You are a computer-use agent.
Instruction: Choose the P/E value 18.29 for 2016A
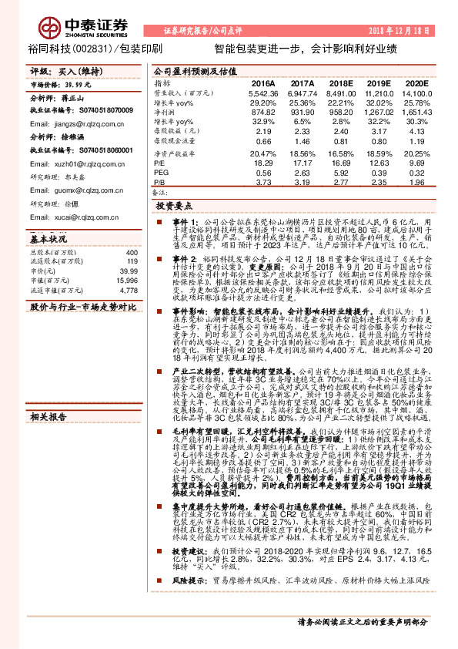point(264,163)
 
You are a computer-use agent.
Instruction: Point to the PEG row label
point(160,173)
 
